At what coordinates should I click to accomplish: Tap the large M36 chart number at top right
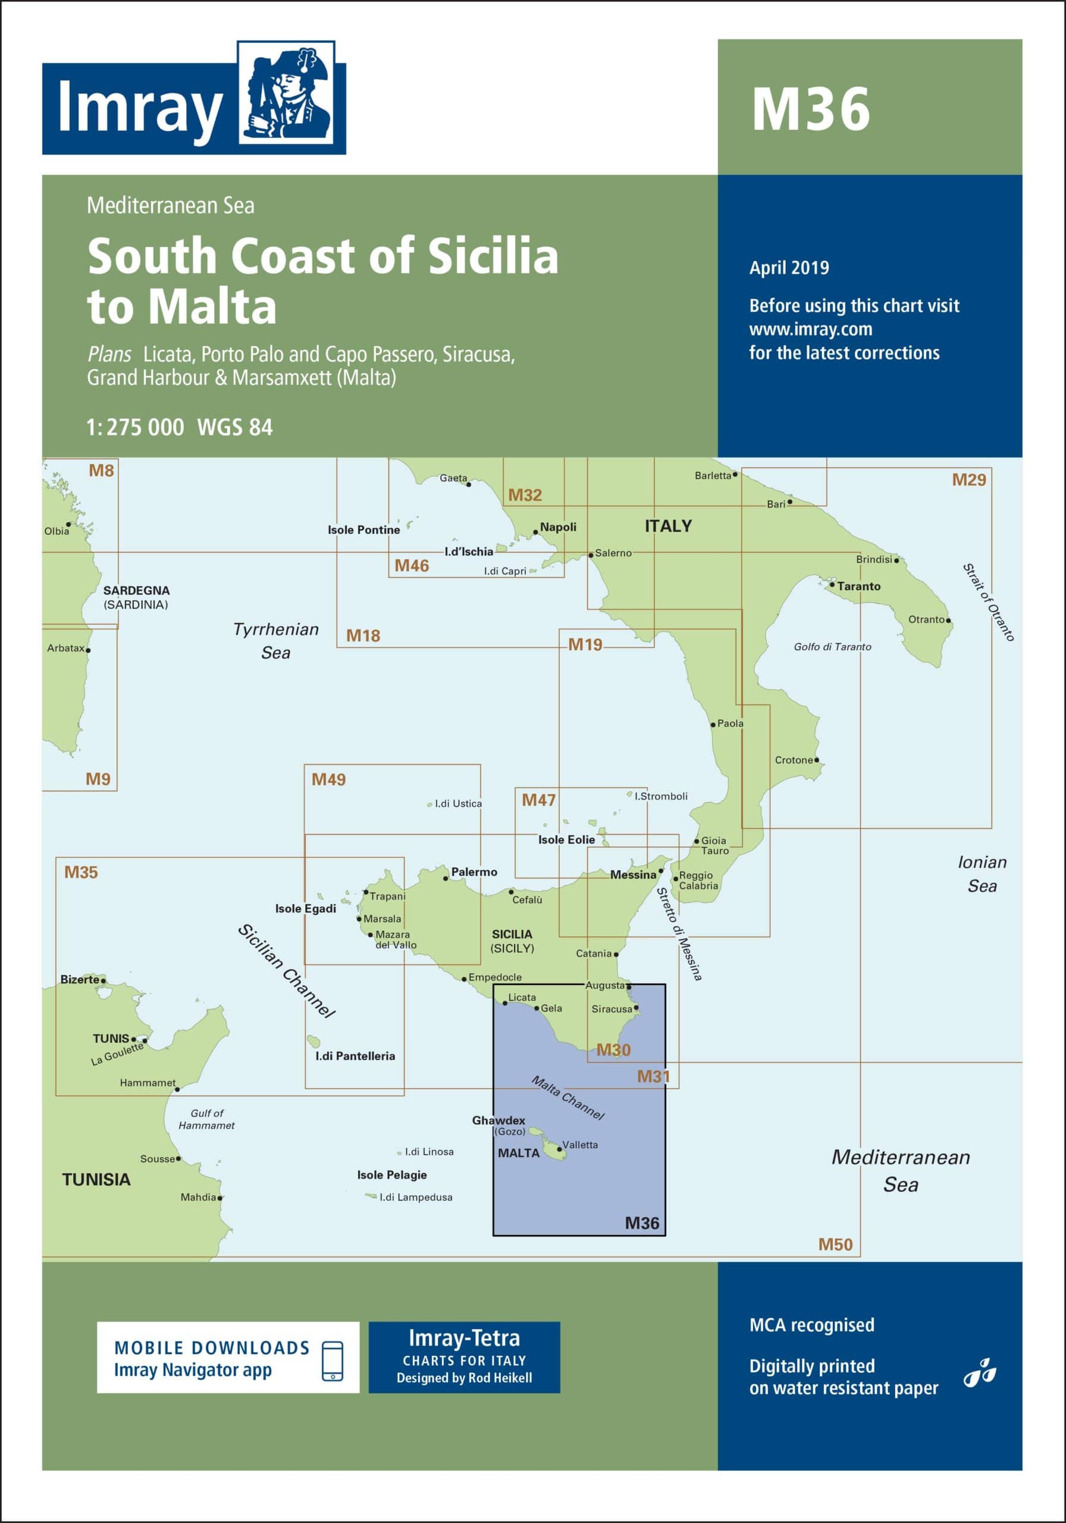click(x=810, y=109)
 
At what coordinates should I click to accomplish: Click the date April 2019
click(x=789, y=268)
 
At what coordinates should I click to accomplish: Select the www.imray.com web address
click(x=811, y=330)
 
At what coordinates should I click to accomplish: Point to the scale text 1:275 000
click(x=134, y=428)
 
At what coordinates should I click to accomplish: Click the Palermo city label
click(x=474, y=872)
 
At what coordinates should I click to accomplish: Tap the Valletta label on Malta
click(x=580, y=1145)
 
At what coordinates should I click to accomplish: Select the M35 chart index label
click(x=81, y=872)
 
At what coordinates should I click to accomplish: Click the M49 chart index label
click(x=328, y=779)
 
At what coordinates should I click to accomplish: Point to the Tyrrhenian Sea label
click(x=276, y=641)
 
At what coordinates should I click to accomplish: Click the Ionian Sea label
click(x=982, y=873)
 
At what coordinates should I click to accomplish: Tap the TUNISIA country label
click(x=96, y=1179)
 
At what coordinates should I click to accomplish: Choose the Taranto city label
click(x=858, y=587)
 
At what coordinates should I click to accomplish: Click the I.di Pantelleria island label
click(x=355, y=1056)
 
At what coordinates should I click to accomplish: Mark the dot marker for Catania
click(x=616, y=954)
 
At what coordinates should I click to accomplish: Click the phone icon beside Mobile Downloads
click(x=333, y=1361)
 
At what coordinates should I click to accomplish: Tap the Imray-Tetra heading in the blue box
click(x=463, y=1338)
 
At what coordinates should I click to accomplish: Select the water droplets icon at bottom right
click(x=980, y=1372)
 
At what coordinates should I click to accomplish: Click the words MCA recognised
click(x=811, y=1325)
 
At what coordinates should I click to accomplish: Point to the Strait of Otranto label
click(x=989, y=602)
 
